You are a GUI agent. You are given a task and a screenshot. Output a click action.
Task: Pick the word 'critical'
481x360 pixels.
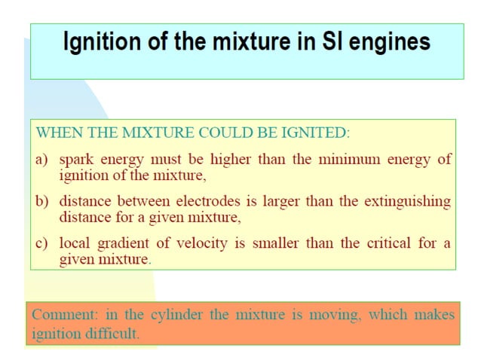tap(390, 243)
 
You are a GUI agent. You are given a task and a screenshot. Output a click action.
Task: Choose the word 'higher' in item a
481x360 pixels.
tap(228, 160)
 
